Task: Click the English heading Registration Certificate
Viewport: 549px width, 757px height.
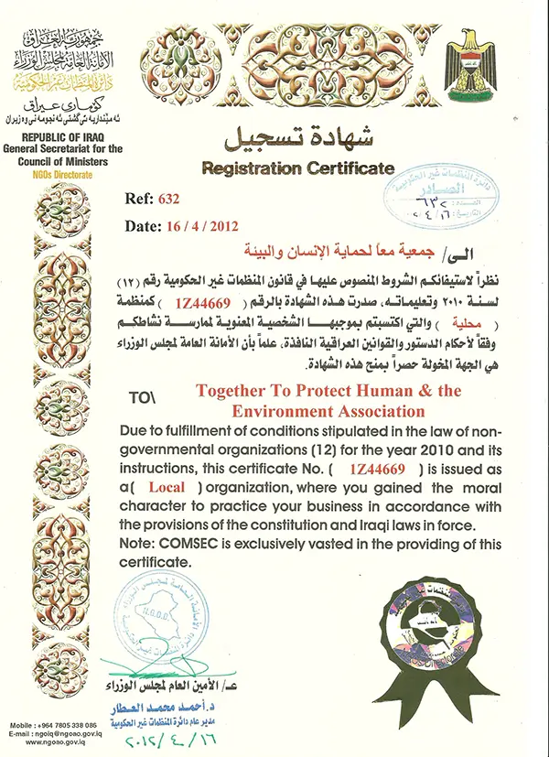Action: point(298,168)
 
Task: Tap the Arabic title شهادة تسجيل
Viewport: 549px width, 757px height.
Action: point(297,139)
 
